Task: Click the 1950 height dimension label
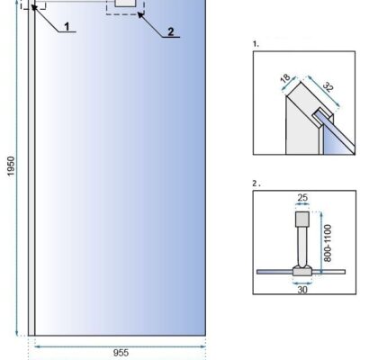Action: pyautogui.click(x=11, y=166)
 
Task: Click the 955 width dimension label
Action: pyautogui.click(x=121, y=353)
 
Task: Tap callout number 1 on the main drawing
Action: pyautogui.click(x=67, y=27)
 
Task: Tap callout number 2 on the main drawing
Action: pyautogui.click(x=170, y=31)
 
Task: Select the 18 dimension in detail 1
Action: pyautogui.click(x=285, y=78)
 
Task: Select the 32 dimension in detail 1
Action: pyautogui.click(x=328, y=87)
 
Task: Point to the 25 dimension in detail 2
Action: pyautogui.click(x=302, y=198)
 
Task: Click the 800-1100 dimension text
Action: pyautogui.click(x=328, y=243)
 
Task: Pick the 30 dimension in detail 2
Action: pyautogui.click(x=302, y=290)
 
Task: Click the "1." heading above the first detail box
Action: pyautogui.click(x=256, y=44)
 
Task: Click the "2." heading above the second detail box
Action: pyautogui.click(x=256, y=184)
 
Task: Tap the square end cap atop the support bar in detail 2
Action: pyautogui.click(x=302, y=219)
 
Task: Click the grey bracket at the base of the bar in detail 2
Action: pyautogui.click(x=302, y=271)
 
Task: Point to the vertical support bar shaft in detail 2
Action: pyautogui.click(x=302, y=246)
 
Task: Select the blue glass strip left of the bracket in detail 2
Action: pyautogui.click(x=274, y=272)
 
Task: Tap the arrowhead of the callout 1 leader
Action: pyautogui.click(x=33, y=7)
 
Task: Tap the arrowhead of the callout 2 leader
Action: pyautogui.click(x=140, y=14)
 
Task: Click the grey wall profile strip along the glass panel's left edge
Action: pyautogui.click(x=31, y=168)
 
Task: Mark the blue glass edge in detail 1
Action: pyautogui.click(x=337, y=131)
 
